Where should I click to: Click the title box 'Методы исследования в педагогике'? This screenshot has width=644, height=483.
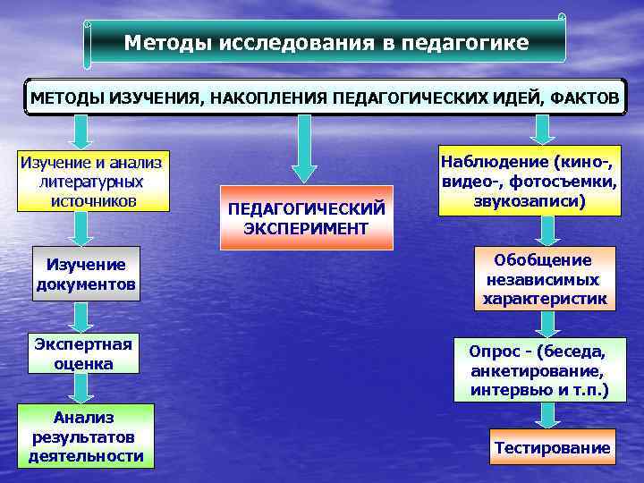click(x=326, y=42)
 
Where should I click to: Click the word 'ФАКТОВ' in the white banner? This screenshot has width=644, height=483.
click(x=583, y=97)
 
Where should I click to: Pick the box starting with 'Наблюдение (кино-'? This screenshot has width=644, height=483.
click(x=530, y=182)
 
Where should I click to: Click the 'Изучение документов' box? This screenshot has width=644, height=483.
click(x=87, y=275)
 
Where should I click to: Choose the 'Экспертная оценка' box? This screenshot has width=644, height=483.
click(x=83, y=353)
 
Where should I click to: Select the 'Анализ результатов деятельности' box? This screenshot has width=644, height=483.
click(x=86, y=436)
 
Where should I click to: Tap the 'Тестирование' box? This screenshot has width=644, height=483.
click(x=551, y=447)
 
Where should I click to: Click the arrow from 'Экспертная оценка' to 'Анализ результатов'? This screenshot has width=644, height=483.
click(x=81, y=387)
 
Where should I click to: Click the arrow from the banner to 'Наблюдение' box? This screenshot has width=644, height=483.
click(x=541, y=131)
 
